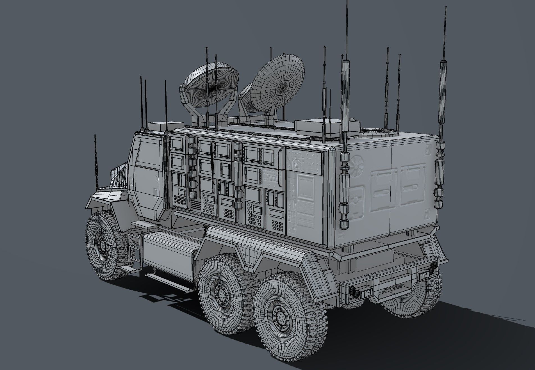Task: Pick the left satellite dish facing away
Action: [x=209, y=88]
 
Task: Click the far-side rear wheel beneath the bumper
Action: [x=404, y=303]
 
